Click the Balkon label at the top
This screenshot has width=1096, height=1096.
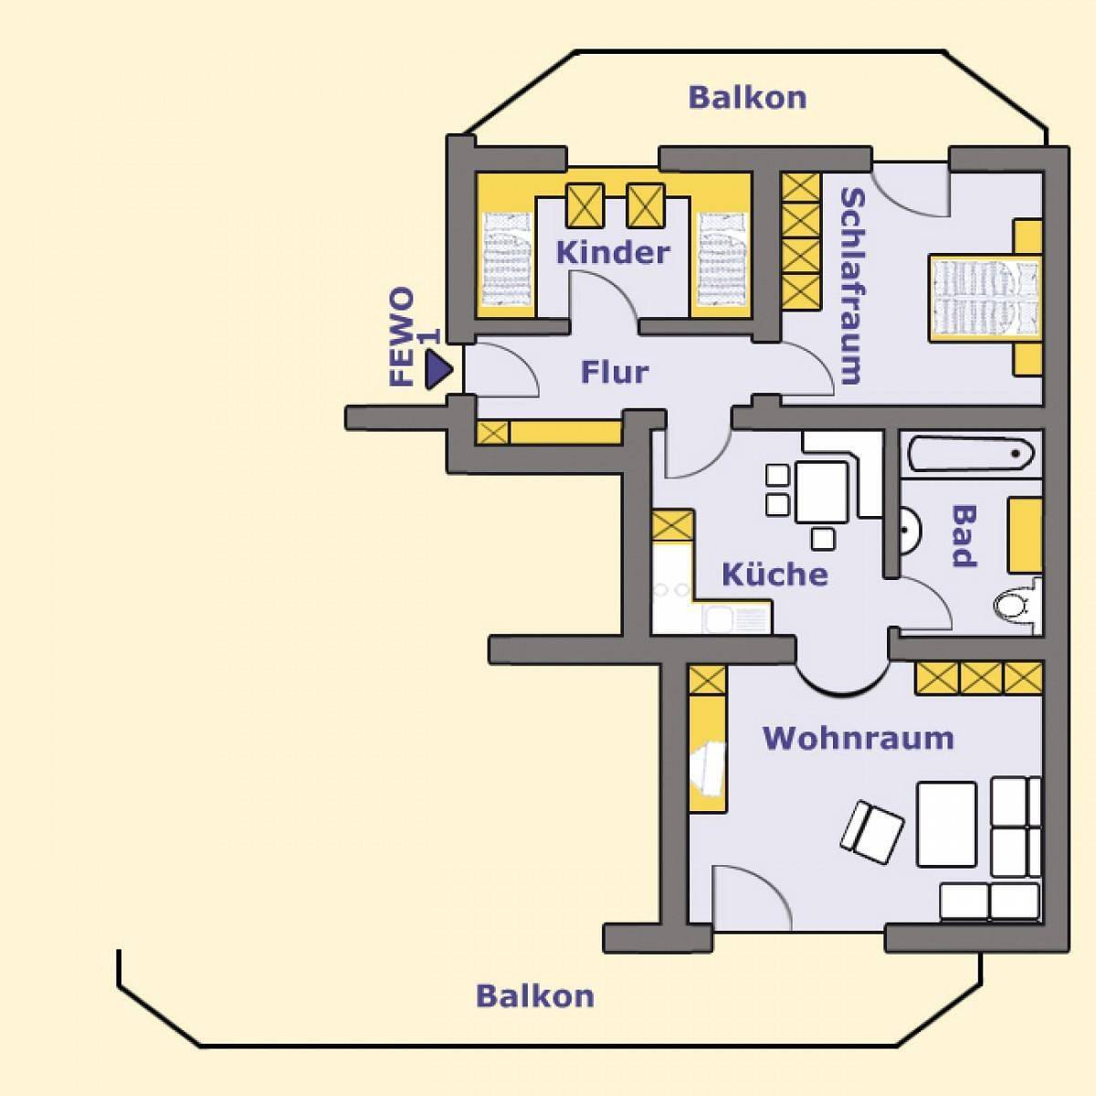747,97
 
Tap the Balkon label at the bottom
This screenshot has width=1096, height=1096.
535,995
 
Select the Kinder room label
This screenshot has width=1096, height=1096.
613,252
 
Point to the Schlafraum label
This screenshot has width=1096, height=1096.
851,285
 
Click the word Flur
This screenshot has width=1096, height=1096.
615,372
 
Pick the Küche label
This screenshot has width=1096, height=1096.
775,574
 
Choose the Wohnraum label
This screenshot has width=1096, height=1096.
858,737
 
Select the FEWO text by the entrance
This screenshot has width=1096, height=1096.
402,338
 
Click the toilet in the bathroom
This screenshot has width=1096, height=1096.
1013,605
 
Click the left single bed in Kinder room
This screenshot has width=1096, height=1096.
506,260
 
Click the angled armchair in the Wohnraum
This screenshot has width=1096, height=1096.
872,831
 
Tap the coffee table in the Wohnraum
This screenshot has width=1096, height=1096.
946,823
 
